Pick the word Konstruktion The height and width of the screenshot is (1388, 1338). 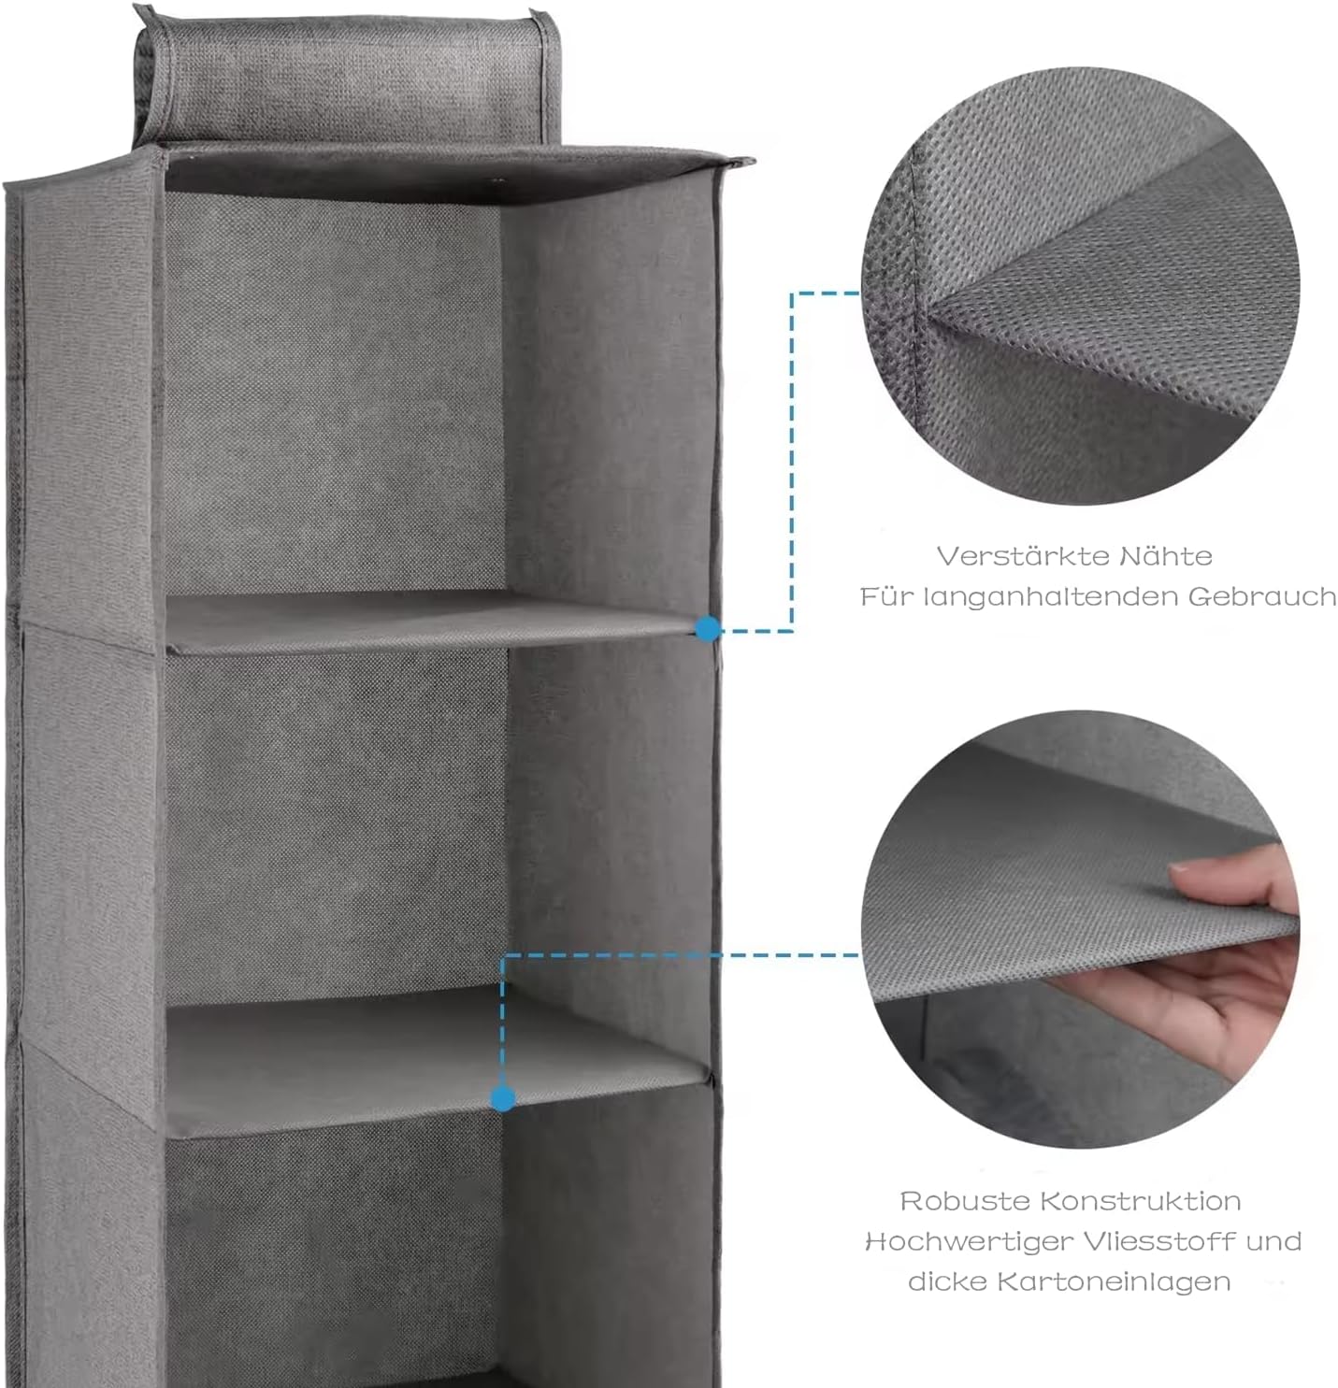(1141, 1201)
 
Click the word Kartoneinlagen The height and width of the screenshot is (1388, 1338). (1114, 1281)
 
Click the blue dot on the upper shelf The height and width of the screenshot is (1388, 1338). (707, 629)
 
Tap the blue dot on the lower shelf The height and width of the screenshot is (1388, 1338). (503, 1098)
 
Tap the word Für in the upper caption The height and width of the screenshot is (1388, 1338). (884, 596)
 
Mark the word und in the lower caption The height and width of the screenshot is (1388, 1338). (1273, 1242)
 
